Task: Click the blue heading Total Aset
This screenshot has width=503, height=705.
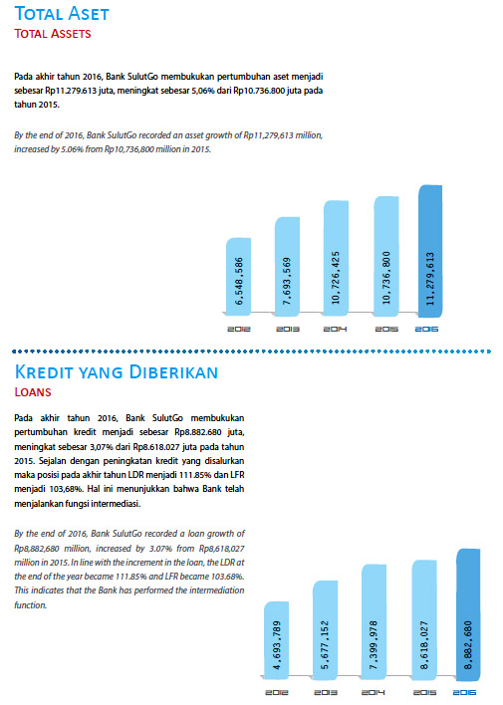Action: (x=62, y=14)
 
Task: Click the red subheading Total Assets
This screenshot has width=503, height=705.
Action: (x=53, y=34)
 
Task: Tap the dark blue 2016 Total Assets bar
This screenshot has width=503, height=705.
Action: (x=430, y=251)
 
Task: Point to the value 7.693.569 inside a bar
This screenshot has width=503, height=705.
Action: (x=287, y=281)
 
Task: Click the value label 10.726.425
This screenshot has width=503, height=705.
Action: (x=336, y=278)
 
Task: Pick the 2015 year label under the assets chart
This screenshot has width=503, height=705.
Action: (x=386, y=330)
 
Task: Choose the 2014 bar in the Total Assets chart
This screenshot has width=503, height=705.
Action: (x=336, y=258)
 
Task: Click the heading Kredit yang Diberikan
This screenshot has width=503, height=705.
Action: (x=117, y=372)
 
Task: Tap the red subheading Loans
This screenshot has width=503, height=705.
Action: (x=33, y=392)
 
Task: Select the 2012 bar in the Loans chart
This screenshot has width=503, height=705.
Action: (x=276, y=640)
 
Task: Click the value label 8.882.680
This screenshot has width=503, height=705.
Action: (x=468, y=645)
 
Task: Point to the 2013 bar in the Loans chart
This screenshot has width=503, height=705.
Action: (x=325, y=630)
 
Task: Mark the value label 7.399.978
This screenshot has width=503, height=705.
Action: (x=374, y=645)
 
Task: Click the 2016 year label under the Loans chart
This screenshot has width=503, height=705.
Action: (x=464, y=692)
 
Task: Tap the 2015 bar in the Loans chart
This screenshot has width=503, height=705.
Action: (x=424, y=619)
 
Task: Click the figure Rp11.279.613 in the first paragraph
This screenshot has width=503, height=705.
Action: (x=71, y=91)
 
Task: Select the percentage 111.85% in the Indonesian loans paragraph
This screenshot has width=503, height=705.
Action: (x=193, y=475)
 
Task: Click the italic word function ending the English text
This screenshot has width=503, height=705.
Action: (x=31, y=605)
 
